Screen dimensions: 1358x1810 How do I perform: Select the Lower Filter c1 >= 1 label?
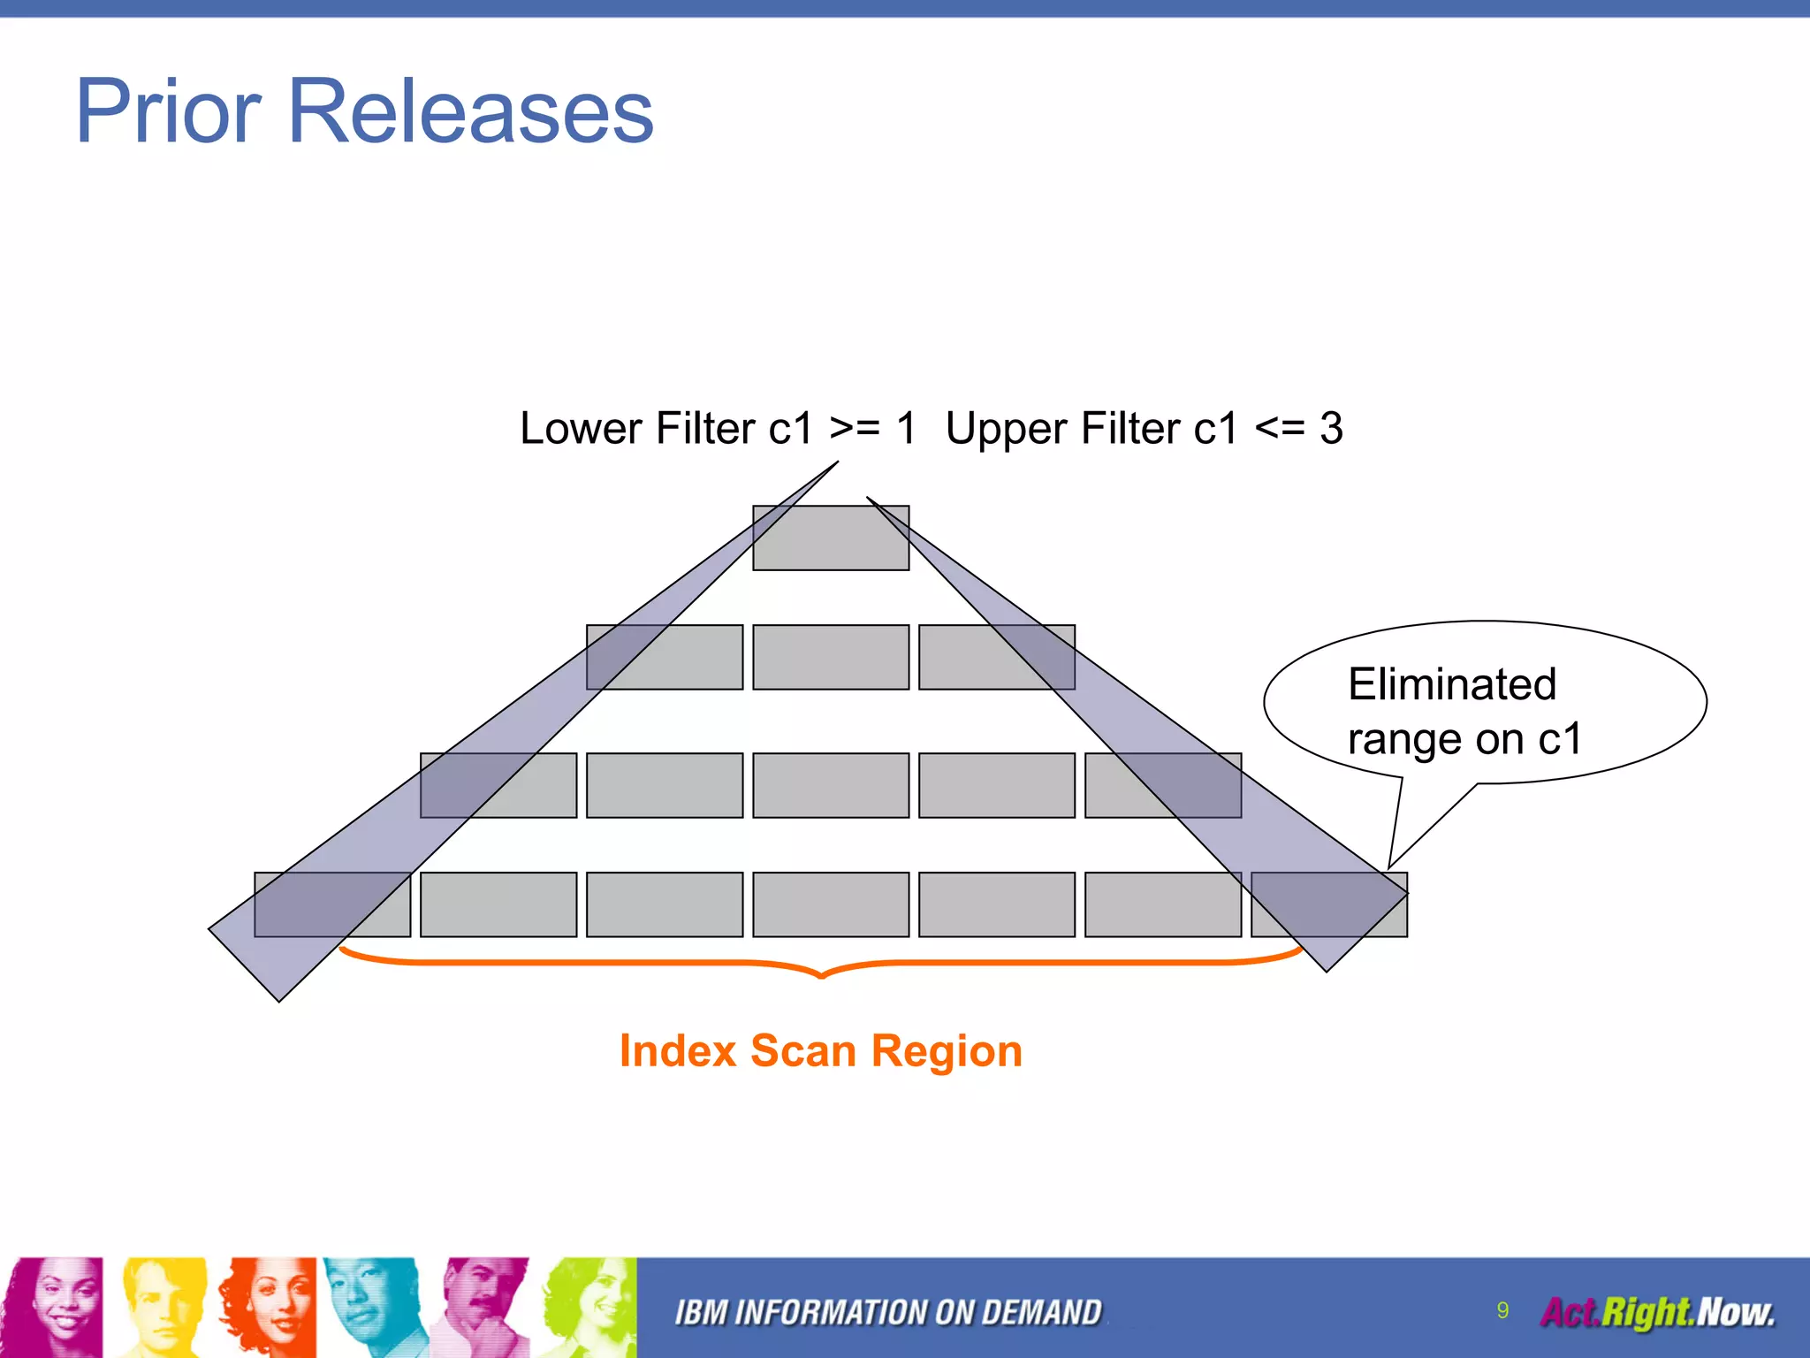tap(718, 429)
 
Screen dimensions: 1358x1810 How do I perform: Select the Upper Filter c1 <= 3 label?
tap(1144, 429)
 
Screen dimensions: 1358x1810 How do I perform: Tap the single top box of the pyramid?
tap(831, 538)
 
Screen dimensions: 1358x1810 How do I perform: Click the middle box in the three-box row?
tap(831, 657)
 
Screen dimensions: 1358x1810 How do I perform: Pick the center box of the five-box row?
tap(831, 785)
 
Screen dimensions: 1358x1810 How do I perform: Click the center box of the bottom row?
tap(831, 904)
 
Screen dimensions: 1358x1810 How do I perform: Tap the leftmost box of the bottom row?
tap(332, 904)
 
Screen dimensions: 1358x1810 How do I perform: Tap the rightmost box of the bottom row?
tap(1328, 904)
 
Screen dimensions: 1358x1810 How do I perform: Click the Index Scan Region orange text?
tap(821, 1051)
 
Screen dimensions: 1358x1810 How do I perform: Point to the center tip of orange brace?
tap(822, 975)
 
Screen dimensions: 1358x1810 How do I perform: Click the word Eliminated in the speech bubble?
tap(1451, 684)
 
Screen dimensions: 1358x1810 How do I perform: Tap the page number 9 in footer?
tap(1502, 1310)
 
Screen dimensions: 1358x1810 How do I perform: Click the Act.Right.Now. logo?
tap(1657, 1313)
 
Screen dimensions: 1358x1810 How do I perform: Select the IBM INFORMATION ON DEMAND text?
tap(888, 1313)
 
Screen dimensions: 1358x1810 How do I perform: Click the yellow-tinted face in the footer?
tap(164, 1307)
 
